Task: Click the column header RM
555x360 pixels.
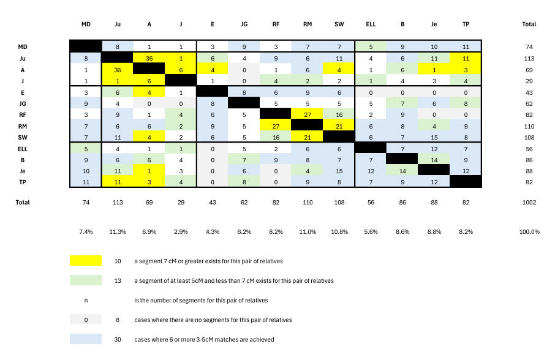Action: coord(308,24)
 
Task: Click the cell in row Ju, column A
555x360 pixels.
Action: coord(149,58)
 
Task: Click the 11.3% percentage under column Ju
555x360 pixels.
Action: coord(118,232)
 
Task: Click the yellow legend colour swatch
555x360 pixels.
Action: coord(86,261)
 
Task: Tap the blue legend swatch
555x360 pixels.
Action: coord(86,339)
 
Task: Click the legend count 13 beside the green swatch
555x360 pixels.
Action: coord(118,280)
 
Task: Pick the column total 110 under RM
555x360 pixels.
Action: coord(308,202)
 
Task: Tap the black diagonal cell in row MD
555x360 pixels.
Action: coord(86,47)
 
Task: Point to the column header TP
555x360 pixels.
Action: coord(466,24)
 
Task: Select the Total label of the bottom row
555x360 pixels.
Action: coord(23,202)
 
